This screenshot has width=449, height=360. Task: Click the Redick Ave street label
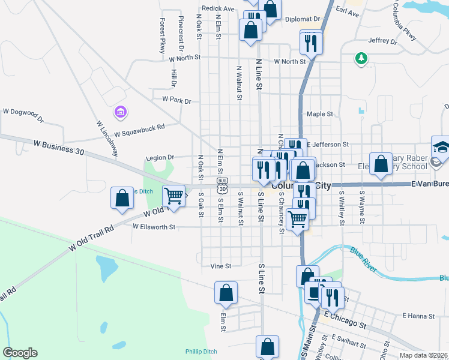(x=218, y=8)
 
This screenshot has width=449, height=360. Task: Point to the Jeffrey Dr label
(x=383, y=41)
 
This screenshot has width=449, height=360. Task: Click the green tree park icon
(x=361, y=58)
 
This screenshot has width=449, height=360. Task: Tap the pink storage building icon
(x=121, y=112)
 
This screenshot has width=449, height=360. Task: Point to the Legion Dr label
(x=160, y=158)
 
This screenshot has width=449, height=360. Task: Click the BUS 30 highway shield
(x=222, y=182)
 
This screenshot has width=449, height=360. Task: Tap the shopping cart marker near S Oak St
(x=173, y=196)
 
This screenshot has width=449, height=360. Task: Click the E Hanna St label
(x=418, y=315)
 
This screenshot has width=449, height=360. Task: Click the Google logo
(x=20, y=353)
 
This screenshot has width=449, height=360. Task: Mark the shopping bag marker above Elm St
(x=226, y=293)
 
